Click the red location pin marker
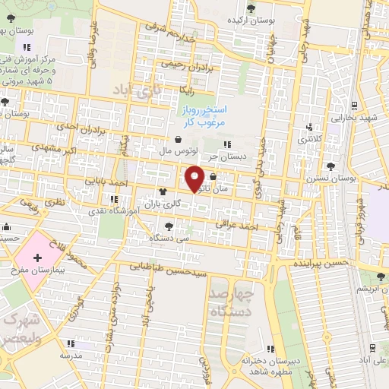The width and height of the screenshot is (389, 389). pyautogui.click(x=195, y=178)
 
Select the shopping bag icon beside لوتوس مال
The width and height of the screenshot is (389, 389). pyautogui.click(x=178, y=140)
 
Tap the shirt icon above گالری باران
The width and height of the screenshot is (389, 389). pyautogui.click(x=161, y=192)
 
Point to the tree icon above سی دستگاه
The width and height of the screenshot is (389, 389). pyautogui.click(x=169, y=226)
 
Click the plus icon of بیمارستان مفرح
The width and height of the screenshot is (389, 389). pyautogui.click(x=37, y=260)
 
